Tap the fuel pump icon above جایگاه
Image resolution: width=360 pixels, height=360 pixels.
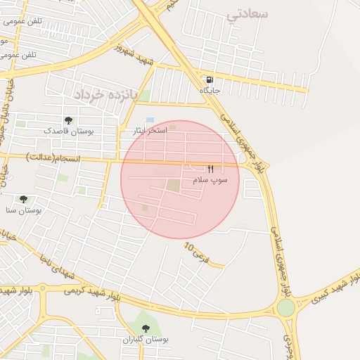tap(210, 79)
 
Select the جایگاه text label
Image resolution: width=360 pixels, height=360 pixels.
tap(210, 91)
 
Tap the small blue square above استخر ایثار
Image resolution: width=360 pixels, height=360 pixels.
tap(150, 120)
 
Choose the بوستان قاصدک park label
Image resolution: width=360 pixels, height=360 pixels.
tap(68, 131)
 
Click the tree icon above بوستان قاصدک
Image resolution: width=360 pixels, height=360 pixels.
tap(68, 120)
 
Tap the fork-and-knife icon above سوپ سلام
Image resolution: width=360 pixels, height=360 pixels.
tap(210, 169)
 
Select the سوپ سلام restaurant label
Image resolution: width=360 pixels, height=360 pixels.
tap(211, 180)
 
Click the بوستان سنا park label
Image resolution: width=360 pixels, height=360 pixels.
tap(24, 210)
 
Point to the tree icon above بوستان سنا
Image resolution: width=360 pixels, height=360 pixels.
tap(23, 199)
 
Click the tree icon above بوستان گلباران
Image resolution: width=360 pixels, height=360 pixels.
tap(146, 328)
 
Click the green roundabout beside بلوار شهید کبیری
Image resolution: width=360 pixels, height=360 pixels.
tap(285, 307)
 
